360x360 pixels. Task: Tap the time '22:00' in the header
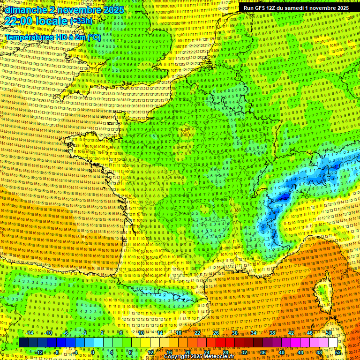pyautogui.click(x=21, y=22)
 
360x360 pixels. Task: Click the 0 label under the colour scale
pyautogui.click(x=93, y=352)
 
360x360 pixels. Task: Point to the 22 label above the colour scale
pyautogui.click(x=197, y=333)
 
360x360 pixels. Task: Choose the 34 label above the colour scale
pyautogui.click(x=254, y=333)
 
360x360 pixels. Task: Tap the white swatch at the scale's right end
pyautogui.click(x=333, y=343)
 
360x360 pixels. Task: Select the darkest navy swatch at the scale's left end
pyautogui.click(x=23, y=343)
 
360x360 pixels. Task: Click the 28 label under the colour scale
pyautogui.click(x=225, y=352)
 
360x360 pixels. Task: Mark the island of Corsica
pyautogui.click(x=323, y=293)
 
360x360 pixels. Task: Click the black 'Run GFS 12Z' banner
pyautogui.click(x=295, y=8)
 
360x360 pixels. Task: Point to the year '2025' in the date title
pyautogui.click(x=114, y=10)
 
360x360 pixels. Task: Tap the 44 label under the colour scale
pyautogui.click(x=300, y=352)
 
